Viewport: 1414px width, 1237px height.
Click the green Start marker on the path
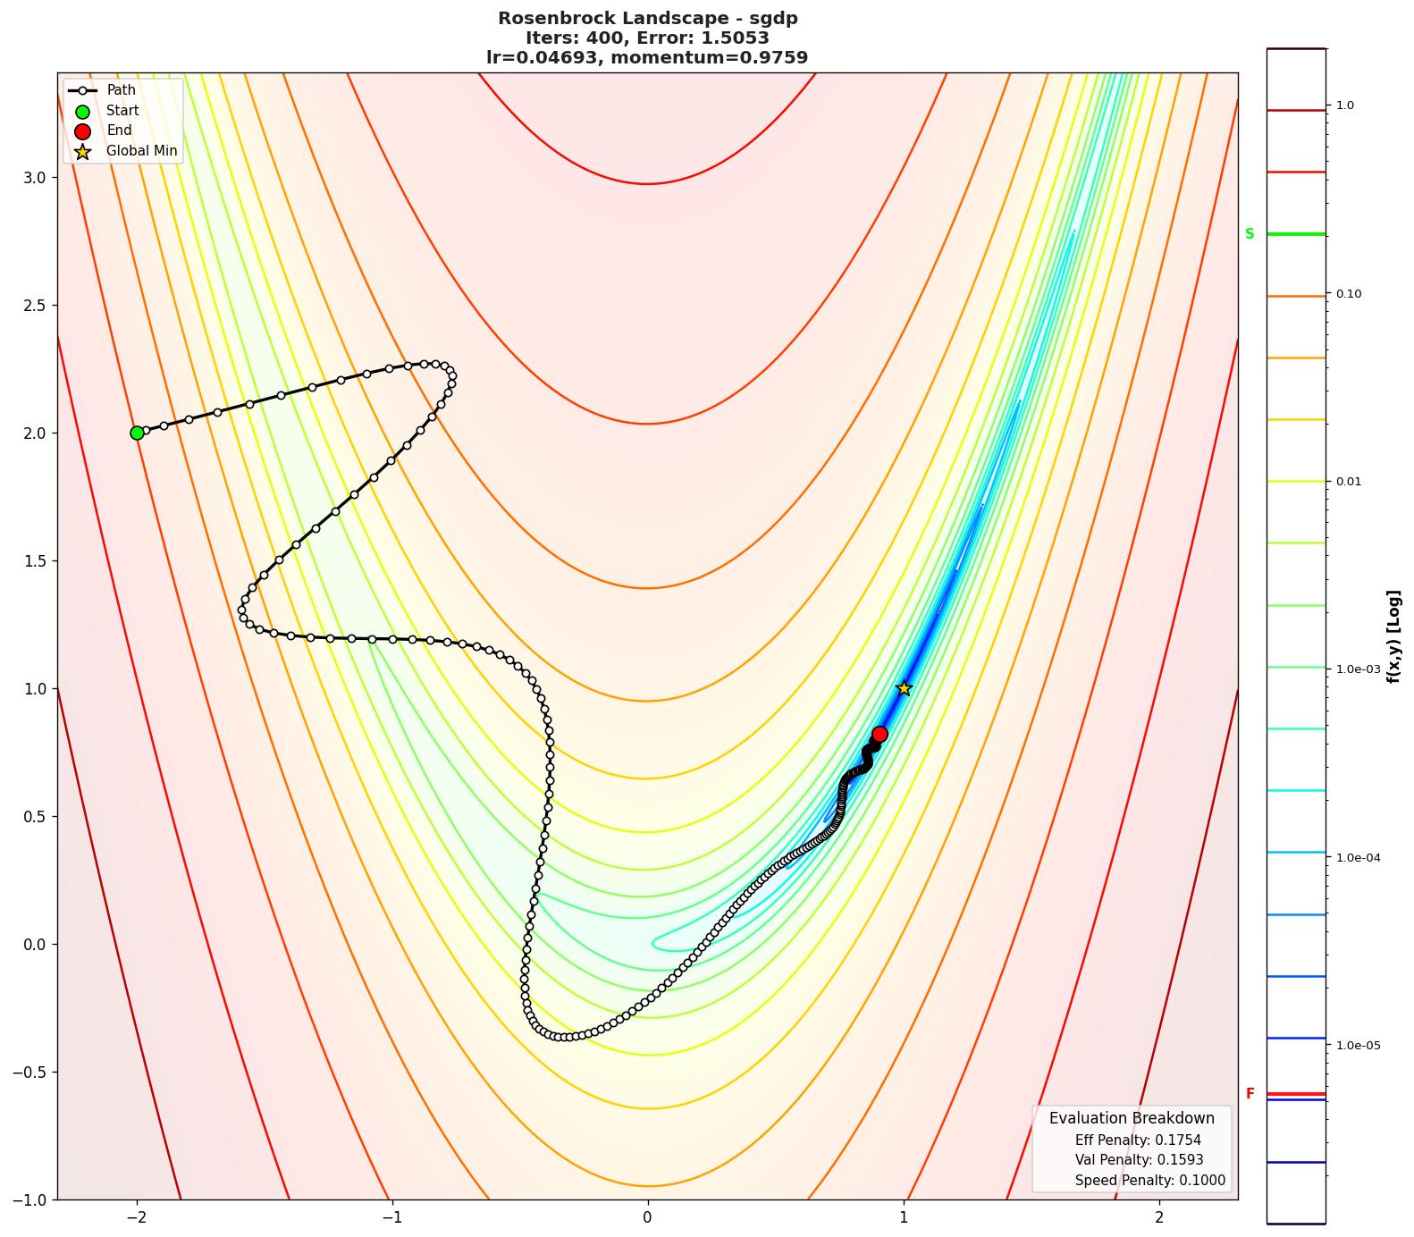pos(137,433)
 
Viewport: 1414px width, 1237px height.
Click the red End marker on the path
pos(880,734)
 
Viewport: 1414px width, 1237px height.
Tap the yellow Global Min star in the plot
pos(904,688)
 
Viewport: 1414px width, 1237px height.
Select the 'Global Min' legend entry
pos(141,151)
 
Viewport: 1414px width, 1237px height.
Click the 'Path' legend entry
pos(121,90)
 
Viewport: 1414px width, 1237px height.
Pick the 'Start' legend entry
pos(122,111)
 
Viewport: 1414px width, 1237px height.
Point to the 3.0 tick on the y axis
pos(33,177)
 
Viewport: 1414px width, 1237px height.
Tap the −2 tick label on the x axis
pos(137,1217)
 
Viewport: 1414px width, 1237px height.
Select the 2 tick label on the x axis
pos(1159,1217)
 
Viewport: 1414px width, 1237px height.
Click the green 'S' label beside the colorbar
pos(1250,234)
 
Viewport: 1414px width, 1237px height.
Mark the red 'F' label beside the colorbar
pos(1250,1094)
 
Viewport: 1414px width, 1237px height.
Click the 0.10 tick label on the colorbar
pos(1348,294)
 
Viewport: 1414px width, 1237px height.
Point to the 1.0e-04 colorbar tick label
pos(1357,858)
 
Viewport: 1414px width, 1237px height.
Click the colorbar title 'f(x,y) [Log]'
pos(1393,636)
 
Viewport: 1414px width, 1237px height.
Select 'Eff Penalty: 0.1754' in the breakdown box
pos(1138,1140)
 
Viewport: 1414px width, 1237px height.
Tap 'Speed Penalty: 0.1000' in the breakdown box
pos(1149,1181)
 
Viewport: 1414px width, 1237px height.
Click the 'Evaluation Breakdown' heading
pos(1132,1118)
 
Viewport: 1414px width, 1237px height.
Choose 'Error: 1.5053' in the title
pos(709,38)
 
